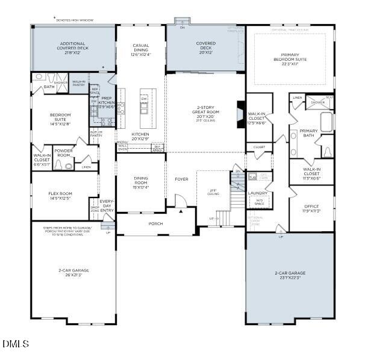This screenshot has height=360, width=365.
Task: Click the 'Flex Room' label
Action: click(60, 194)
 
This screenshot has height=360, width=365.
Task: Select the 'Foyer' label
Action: click(181, 179)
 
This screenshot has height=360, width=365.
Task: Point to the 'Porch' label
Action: click(155, 223)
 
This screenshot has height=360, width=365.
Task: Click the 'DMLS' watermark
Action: click(16, 344)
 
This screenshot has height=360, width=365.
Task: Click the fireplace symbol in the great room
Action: click(240, 112)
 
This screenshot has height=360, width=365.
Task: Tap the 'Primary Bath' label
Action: click(308, 134)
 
